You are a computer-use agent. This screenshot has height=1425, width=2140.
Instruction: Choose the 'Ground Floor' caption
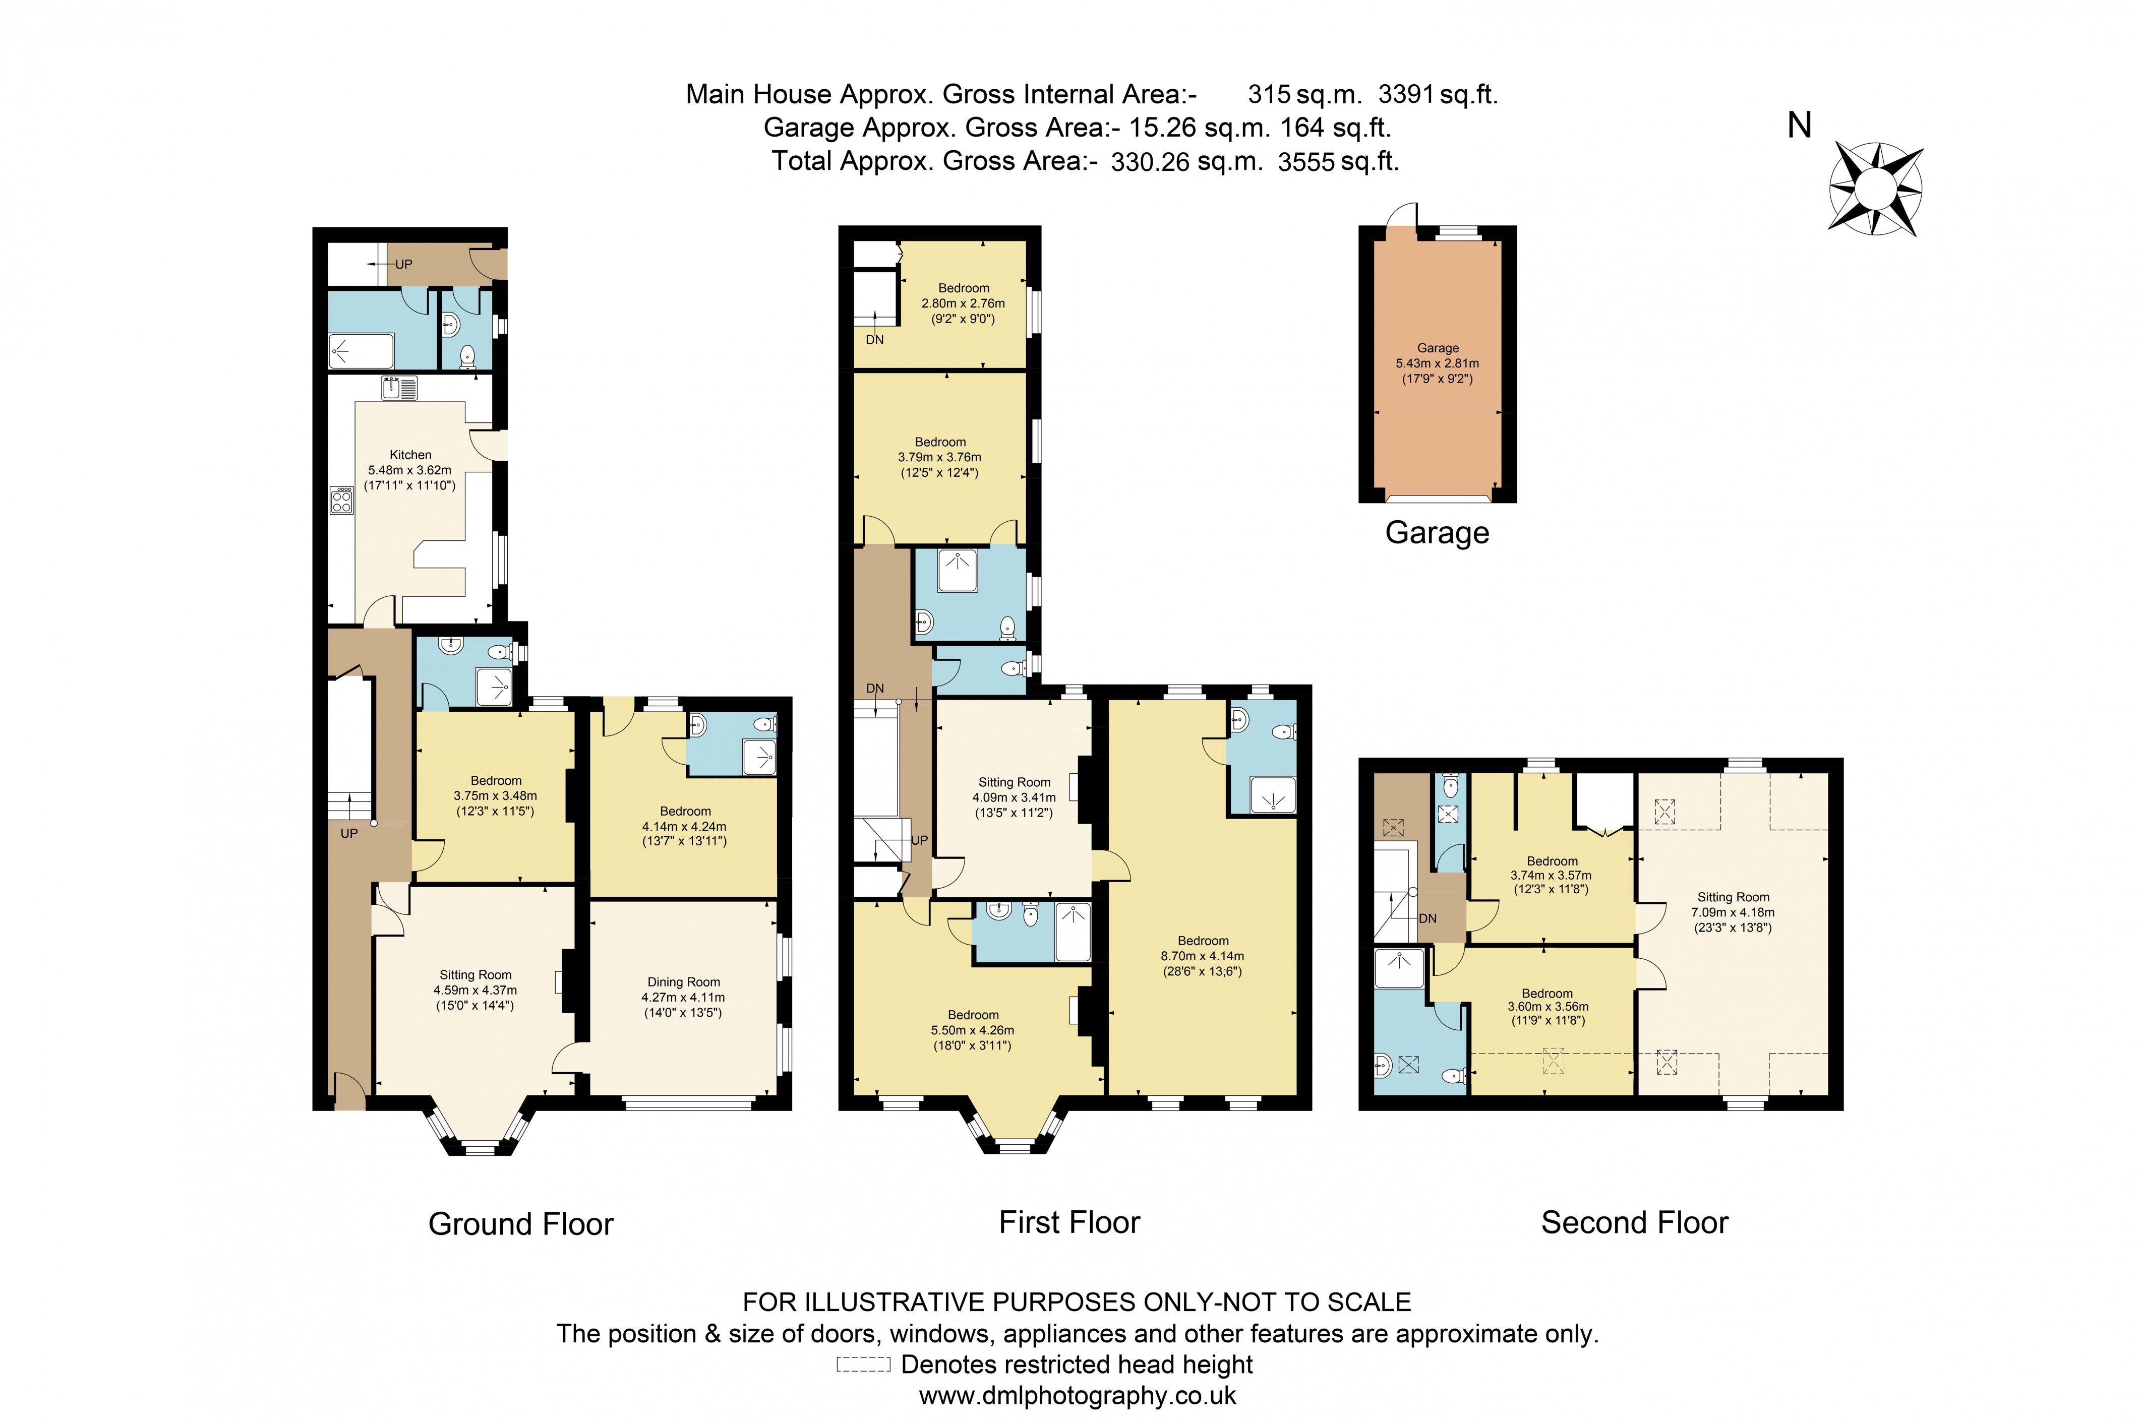coord(521,1224)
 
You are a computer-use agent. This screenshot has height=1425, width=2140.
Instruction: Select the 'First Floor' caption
coord(1069,1222)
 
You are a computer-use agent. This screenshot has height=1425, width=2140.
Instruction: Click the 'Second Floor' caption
coord(1635,1222)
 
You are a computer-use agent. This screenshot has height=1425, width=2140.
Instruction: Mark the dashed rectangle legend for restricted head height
coord(863,1364)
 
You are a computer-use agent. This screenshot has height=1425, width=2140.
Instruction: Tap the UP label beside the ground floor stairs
coord(349,833)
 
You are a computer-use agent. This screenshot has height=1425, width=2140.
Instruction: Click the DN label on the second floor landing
coord(1428,919)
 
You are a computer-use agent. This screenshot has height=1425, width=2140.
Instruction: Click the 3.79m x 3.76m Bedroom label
coord(940,457)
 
